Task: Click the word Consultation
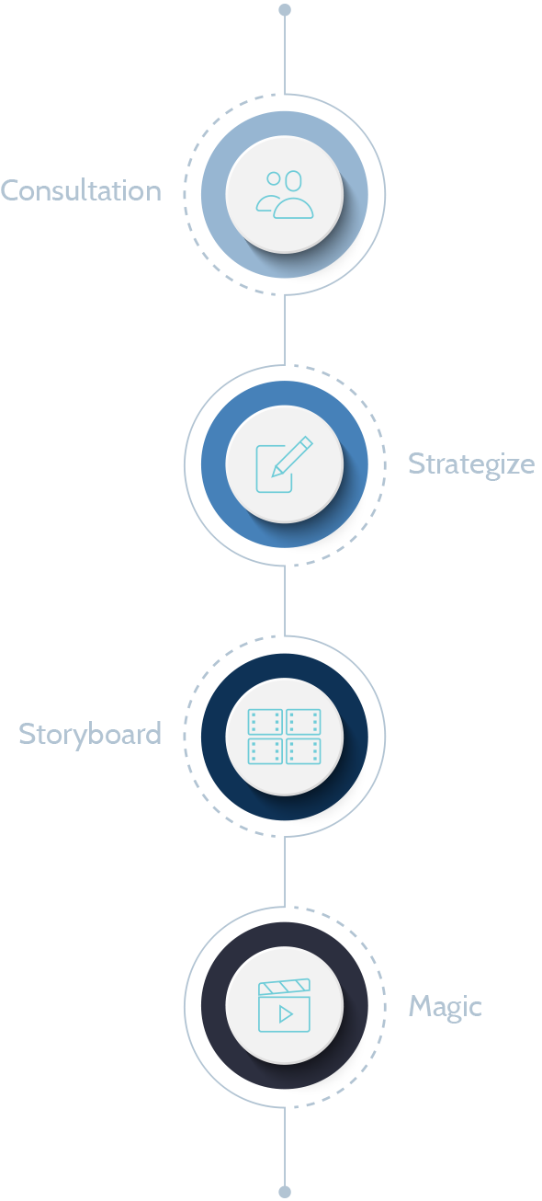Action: (81, 190)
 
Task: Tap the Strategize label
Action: (471, 464)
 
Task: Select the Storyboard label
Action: (90, 734)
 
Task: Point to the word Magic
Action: (445, 1006)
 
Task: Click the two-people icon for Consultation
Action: (285, 194)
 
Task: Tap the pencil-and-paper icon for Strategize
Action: (285, 464)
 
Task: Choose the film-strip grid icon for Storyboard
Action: (285, 737)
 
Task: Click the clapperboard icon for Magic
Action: (285, 1005)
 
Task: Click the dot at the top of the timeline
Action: (285, 9)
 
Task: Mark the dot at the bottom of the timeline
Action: (285, 1192)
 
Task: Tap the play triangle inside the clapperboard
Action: (286, 1014)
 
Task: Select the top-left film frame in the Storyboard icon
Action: (265, 722)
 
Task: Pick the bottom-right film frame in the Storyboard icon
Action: (304, 751)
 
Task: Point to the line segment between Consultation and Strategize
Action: (285, 330)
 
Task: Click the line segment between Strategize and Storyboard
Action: (285, 600)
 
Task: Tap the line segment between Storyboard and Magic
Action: (285, 871)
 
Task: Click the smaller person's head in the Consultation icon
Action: (274, 178)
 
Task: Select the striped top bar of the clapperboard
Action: (285, 987)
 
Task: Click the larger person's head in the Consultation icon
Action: (293, 180)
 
